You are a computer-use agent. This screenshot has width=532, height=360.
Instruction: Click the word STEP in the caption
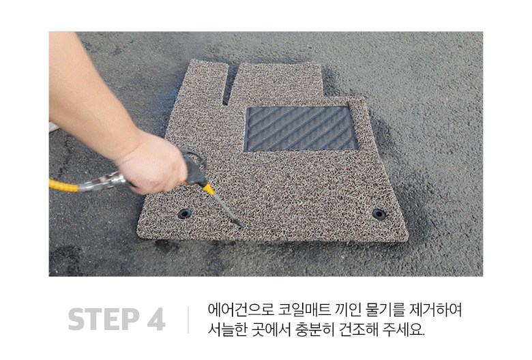click(x=104, y=319)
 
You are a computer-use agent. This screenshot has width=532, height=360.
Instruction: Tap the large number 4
click(x=156, y=319)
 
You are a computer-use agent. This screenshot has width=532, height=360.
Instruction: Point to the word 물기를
click(x=385, y=310)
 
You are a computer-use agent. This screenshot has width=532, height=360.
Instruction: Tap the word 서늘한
click(x=227, y=329)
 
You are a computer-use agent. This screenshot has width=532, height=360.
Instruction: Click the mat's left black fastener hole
click(x=185, y=213)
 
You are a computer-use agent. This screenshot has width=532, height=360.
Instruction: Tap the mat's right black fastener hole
click(x=379, y=214)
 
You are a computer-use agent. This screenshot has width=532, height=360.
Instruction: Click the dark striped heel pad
click(x=301, y=129)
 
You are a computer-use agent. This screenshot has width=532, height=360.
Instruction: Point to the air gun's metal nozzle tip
click(x=242, y=226)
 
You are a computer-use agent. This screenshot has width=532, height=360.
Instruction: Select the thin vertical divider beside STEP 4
click(x=188, y=319)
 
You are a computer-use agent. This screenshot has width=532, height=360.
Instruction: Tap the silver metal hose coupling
click(x=101, y=182)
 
